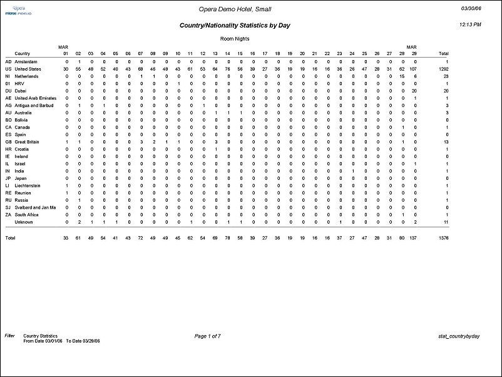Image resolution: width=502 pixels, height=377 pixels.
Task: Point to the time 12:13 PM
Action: pos(470,24)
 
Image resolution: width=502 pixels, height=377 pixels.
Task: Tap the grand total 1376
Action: pos(443,239)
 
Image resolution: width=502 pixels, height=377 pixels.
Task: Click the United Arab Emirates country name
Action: pos(35,98)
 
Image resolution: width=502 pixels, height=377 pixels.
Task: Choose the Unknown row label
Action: pos(24,222)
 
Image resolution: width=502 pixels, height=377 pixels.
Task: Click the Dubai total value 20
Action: pos(446,91)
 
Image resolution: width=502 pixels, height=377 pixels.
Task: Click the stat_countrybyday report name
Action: pos(459,336)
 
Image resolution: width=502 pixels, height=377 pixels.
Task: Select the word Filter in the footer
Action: pos(10,336)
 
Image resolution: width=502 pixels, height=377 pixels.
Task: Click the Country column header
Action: pos(23,54)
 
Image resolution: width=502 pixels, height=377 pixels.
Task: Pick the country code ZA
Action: pos(8,215)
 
